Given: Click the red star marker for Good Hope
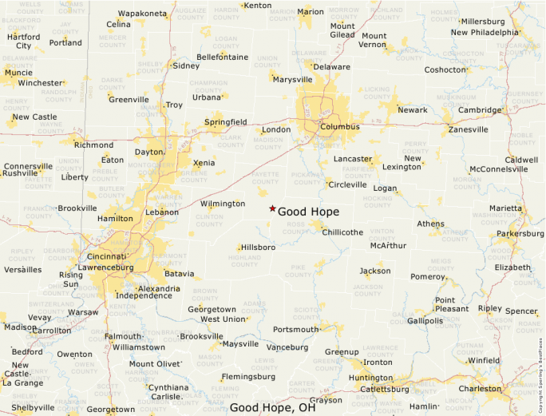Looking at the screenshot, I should click(x=273, y=208).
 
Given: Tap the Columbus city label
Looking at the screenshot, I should click(x=340, y=126).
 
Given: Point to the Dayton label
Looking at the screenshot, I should click(x=148, y=152).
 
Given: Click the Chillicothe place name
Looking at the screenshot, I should click(x=342, y=232).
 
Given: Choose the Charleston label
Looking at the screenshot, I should click(x=480, y=389).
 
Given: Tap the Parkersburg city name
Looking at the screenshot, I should click(x=520, y=234).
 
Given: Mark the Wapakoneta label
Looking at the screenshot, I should click(x=143, y=14).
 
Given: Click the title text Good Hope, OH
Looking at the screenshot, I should click(x=272, y=407).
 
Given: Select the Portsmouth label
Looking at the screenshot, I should click(x=295, y=329).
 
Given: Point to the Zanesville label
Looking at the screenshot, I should click(x=468, y=129).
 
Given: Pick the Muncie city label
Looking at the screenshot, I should click(x=18, y=73).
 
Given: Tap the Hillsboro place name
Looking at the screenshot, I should click(x=258, y=248).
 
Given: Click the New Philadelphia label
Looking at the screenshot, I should click(x=484, y=33).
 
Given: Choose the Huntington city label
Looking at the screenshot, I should click(x=371, y=378).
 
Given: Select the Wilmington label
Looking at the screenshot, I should click(x=222, y=204).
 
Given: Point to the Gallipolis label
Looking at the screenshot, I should click(x=425, y=321).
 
